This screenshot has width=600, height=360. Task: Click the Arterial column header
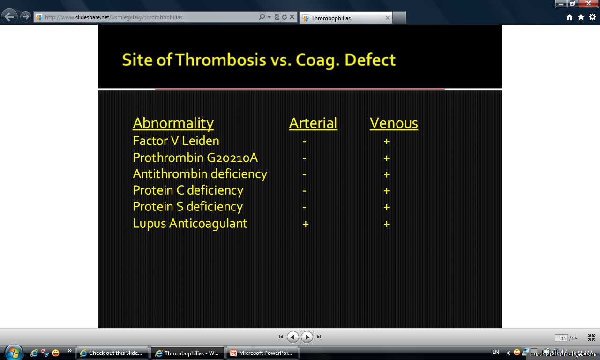313,123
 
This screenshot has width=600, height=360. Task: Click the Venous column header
394,123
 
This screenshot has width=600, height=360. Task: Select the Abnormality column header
173,124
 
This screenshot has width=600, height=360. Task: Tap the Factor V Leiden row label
176,141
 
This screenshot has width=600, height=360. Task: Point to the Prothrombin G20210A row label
195,157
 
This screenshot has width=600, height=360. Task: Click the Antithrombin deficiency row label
200,174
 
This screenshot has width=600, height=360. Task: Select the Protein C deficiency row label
188,191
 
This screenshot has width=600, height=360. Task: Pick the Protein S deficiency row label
188,207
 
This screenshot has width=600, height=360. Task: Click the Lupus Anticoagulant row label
190,224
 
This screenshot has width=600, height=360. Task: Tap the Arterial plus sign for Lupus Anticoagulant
306,224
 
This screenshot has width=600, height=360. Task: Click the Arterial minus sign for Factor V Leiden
304,141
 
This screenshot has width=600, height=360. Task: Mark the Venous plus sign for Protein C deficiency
387,191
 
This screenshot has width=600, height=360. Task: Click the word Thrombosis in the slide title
221,60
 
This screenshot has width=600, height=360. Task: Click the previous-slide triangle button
293,337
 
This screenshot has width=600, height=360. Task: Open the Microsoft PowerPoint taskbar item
262,353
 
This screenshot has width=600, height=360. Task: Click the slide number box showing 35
562,338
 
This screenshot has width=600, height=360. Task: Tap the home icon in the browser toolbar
570,17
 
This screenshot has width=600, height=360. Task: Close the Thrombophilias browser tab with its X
387,18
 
